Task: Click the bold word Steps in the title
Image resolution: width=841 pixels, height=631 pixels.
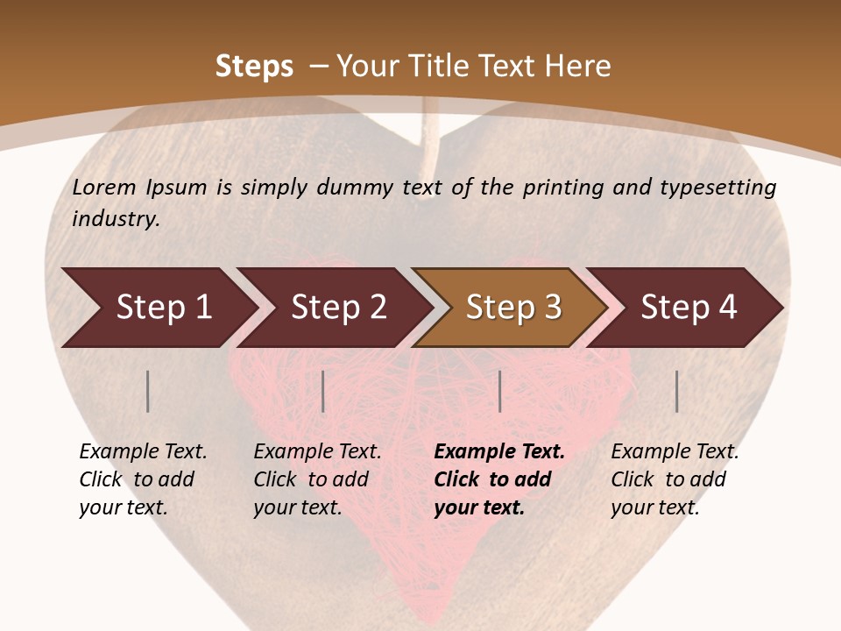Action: tap(254, 67)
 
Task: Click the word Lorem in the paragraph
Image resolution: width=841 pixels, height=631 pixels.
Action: tap(104, 187)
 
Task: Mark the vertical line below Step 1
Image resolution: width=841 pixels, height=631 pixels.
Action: tap(148, 391)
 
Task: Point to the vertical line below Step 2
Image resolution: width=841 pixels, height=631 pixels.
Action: tap(323, 391)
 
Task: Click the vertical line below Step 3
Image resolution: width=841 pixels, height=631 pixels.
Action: tap(500, 391)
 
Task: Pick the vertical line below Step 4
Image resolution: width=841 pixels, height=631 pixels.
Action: tap(677, 391)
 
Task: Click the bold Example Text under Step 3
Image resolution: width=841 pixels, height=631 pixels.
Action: tap(499, 452)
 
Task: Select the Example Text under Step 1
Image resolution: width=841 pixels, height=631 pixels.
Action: tap(143, 452)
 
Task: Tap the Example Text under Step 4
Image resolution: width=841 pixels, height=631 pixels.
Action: tap(675, 452)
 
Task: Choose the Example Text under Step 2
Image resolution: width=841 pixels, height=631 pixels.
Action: tap(317, 452)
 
